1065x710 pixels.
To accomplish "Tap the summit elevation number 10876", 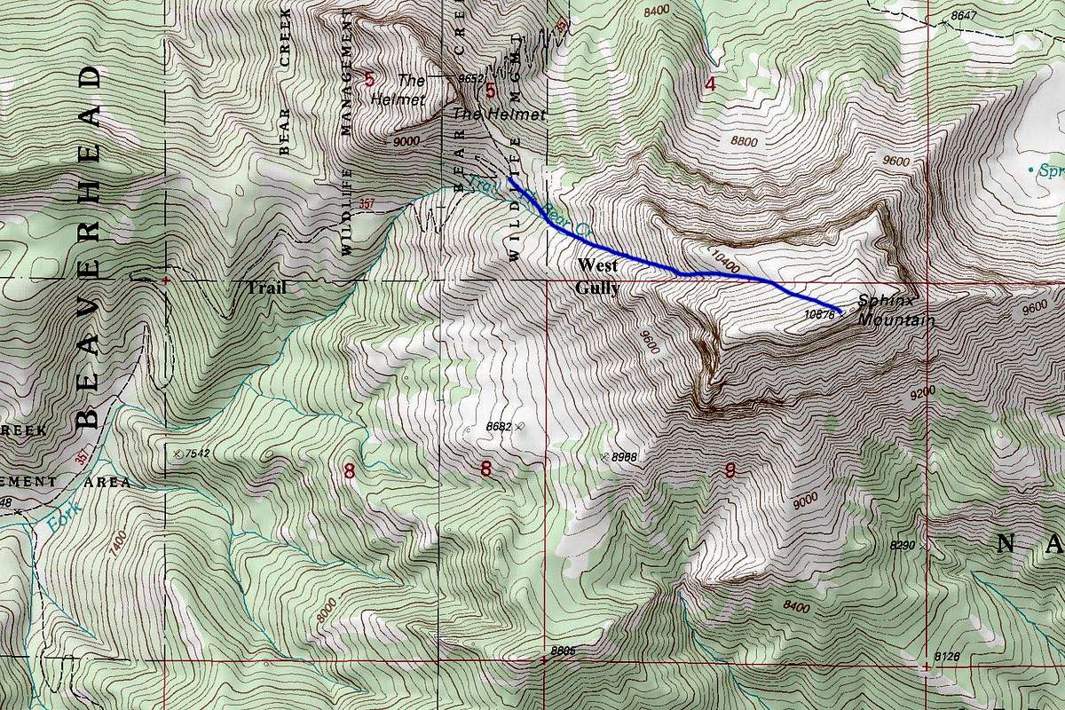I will [x=821, y=312].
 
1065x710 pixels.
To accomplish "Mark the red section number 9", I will [x=730, y=471].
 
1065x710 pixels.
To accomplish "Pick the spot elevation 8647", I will [x=960, y=16].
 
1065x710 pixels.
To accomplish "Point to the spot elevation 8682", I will [x=500, y=427].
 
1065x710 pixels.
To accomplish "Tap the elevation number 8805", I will [x=563, y=651].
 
